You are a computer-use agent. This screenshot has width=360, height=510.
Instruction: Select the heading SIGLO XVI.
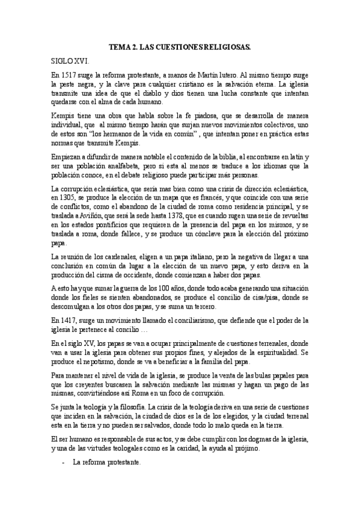[70, 61]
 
